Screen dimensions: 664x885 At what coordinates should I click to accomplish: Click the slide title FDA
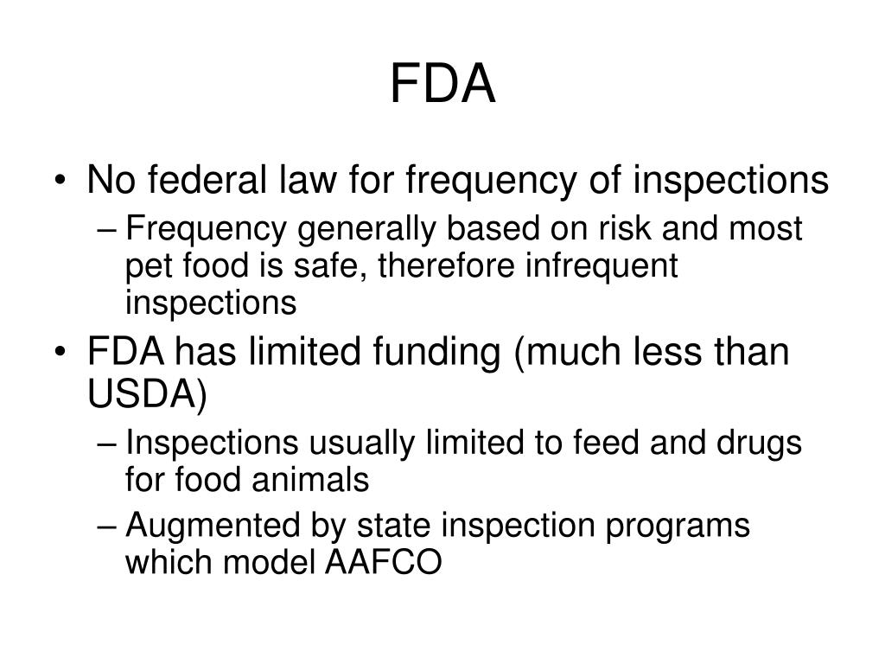coord(442,85)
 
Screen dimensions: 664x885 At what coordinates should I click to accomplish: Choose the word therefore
coord(453,266)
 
